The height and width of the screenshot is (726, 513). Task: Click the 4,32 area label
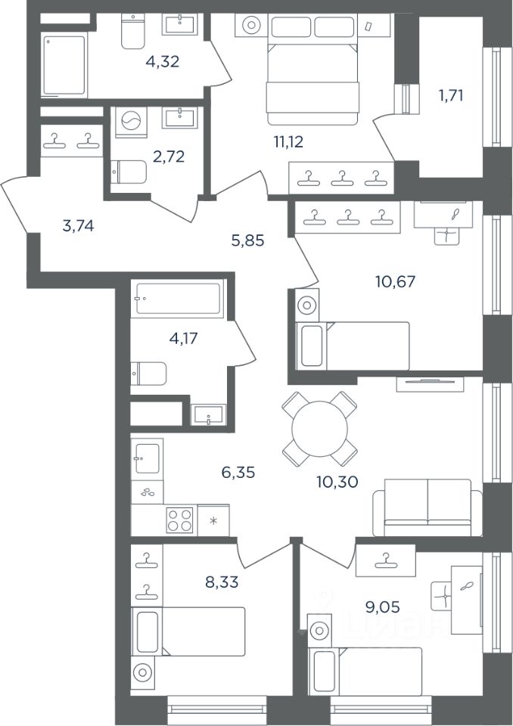click(x=162, y=61)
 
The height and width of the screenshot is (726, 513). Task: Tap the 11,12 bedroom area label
click(x=288, y=141)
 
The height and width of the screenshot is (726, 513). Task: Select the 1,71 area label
click(x=451, y=96)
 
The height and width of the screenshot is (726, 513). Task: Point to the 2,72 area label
click(x=169, y=157)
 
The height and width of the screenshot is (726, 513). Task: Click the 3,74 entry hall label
click(x=79, y=226)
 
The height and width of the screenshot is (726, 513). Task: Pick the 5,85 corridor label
click(x=248, y=240)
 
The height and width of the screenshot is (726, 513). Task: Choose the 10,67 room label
click(x=395, y=281)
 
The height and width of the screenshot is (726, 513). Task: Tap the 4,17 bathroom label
click(x=184, y=339)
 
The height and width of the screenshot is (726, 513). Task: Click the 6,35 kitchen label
click(x=238, y=473)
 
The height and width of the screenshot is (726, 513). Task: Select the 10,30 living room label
click(x=337, y=482)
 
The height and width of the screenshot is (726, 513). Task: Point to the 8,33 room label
click(x=222, y=582)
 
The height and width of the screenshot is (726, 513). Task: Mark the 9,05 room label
click(x=382, y=607)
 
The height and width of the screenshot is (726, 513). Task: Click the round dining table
click(x=320, y=428)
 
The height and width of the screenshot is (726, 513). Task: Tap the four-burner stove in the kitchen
click(x=180, y=520)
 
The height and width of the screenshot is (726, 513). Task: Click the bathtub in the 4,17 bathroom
click(x=178, y=299)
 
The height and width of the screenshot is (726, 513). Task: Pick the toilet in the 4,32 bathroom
click(x=133, y=30)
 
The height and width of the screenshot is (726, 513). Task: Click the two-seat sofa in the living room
click(x=427, y=508)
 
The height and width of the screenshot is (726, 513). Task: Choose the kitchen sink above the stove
click(x=147, y=458)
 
